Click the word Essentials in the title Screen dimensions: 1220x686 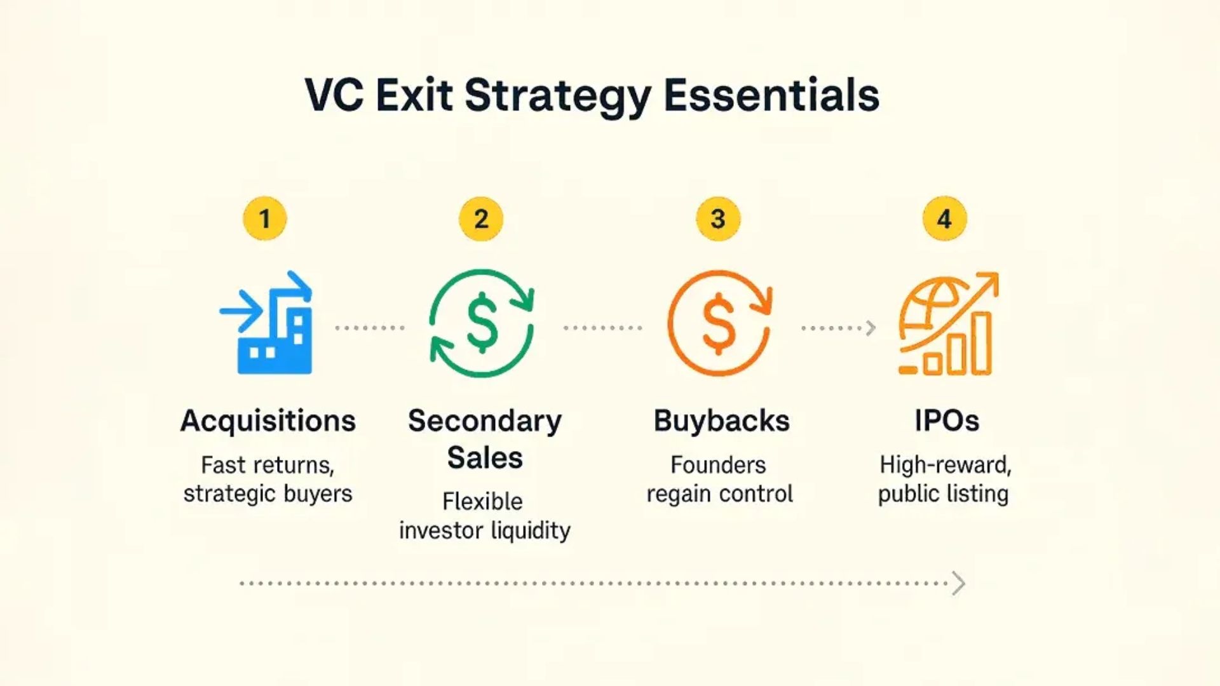click(771, 95)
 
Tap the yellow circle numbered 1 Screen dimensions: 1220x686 click(265, 219)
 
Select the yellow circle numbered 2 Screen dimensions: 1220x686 click(481, 219)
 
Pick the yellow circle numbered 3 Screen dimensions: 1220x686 click(718, 219)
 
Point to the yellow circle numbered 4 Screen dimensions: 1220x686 click(945, 219)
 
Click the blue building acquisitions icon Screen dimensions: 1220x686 click(266, 323)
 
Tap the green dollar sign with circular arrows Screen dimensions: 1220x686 click(482, 323)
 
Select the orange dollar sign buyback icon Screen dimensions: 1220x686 click(719, 323)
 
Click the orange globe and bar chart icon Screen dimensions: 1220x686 click(948, 323)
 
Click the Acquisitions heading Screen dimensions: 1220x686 click(268, 420)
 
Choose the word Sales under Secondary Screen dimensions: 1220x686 click(485, 457)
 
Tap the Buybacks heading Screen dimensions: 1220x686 click(722, 420)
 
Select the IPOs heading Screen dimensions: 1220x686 click(947, 420)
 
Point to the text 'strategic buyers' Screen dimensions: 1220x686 click(268, 494)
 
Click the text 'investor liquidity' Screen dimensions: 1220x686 click(485, 530)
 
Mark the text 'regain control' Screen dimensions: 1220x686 click(720, 494)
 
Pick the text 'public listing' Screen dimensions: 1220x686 click(944, 494)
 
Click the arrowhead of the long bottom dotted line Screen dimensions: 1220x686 click(959, 583)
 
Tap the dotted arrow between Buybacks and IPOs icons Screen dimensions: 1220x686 click(839, 328)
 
